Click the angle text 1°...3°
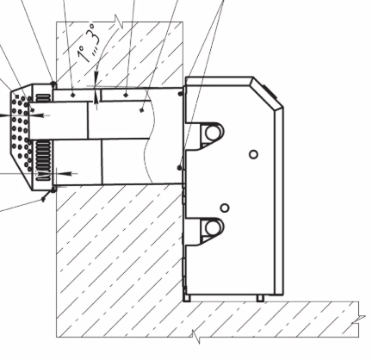(90, 43)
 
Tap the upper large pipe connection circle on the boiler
(213, 133)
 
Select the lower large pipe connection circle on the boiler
(213, 227)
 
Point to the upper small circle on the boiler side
(253, 154)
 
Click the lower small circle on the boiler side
(225, 208)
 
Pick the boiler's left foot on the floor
(187, 298)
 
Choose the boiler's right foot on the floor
(260, 298)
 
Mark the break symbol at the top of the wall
(120, 22)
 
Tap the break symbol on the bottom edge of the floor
(196, 337)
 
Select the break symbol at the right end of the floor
(359, 320)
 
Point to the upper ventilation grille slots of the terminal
(42, 98)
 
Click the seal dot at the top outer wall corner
(53, 84)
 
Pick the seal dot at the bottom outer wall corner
(53, 189)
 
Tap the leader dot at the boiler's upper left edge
(180, 94)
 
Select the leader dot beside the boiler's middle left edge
(180, 168)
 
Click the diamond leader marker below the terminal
(43, 199)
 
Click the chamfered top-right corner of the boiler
(268, 92)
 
